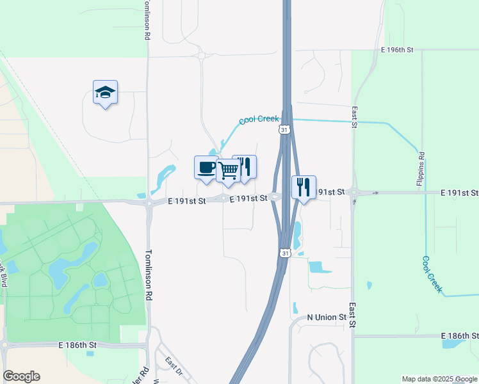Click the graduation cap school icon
click(x=105, y=93)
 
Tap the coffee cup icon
click(x=206, y=168)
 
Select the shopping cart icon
click(x=229, y=170)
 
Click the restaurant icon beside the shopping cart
click(x=245, y=166)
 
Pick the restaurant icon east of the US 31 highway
click(x=304, y=187)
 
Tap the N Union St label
click(x=327, y=317)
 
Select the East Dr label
click(x=173, y=367)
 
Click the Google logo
click(x=21, y=376)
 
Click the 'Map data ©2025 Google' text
click(x=439, y=380)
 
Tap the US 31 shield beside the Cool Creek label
click(x=284, y=130)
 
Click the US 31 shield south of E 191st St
click(x=284, y=253)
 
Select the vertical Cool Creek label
click(x=432, y=275)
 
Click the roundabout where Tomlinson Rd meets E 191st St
click(x=149, y=204)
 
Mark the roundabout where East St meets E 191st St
click(x=355, y=193)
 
